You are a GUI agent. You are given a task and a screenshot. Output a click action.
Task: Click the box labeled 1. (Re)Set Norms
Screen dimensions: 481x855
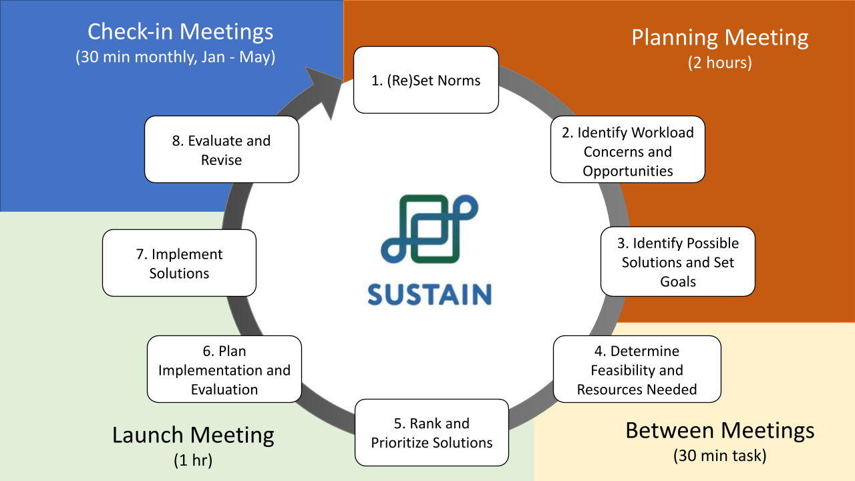[x=425, y=80]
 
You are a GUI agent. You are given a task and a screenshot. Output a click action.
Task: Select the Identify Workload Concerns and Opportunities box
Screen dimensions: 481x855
[x=627, y=152]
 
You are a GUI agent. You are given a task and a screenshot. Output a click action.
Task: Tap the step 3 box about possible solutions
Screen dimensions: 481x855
[x=677, y=262]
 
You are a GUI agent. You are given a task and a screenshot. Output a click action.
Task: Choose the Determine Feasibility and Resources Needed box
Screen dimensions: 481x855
[x=637, y=369]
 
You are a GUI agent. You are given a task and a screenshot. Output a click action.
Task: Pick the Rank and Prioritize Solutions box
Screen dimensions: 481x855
[x=432, y=432]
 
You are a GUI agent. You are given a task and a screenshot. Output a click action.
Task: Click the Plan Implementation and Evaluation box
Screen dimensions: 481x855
[x=224, y=369]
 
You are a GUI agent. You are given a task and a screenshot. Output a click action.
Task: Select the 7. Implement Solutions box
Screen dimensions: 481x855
[x=179, y=263]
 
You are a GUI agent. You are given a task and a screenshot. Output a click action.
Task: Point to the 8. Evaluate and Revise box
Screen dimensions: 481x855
[x=221, y=150]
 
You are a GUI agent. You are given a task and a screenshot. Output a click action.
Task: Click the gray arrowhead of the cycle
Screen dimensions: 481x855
[x=323, y=91]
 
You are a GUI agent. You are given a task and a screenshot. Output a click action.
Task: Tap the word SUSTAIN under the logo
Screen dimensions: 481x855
[x=430, y=294]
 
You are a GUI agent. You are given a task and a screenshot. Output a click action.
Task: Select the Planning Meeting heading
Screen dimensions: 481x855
[x=719, y=37]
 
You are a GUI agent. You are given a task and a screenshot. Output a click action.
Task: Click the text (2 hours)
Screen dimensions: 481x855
[x=719, y=63]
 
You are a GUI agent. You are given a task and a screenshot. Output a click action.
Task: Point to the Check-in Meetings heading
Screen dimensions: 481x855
[x=180, y=31]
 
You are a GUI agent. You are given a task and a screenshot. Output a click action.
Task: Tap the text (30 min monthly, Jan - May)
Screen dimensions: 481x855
[x=175, y=57]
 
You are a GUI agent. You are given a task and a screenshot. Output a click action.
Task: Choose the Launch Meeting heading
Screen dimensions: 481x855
[x=193, y=436]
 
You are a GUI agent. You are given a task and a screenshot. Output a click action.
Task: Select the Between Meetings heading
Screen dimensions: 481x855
[x=719, y=430]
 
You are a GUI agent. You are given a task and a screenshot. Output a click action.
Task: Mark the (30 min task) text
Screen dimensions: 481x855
[x=719, y=456]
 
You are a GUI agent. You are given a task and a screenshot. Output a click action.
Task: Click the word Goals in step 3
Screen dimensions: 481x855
[x=677, y=281]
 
